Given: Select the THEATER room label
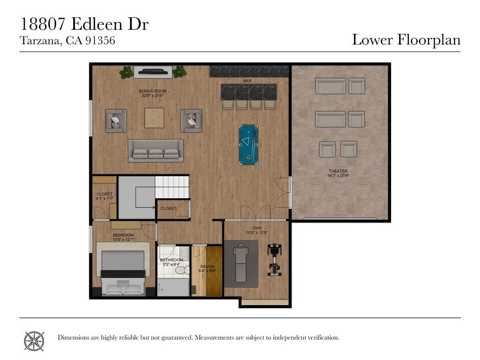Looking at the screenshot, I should click(x=337, y=171).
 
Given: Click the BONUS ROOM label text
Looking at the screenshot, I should click(x=152, y=91).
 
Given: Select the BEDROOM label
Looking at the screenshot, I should click(x=123, y=235).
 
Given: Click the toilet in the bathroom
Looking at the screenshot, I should click(x=186, y=270).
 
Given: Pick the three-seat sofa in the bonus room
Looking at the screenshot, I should click(x=156, y=151).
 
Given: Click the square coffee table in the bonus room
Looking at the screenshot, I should click(x=154, y=118).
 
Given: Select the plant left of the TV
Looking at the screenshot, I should click(x=126, y=72).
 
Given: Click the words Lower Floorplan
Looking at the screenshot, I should click(x=406, y=40).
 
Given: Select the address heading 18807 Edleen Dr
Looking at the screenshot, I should click(x=84, y=24).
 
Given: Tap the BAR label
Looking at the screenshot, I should click(x=246, y=81).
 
